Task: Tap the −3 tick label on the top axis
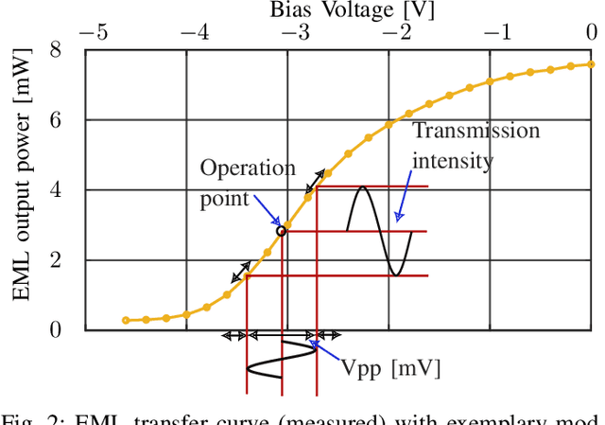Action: pyautogui.click(x=295, y=31)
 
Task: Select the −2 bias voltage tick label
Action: pyautogui.click(x=397, y=31)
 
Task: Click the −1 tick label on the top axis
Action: pyautogui.click(x=499, y=31)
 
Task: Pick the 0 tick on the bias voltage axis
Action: pyautogui.click(x=591, y=31)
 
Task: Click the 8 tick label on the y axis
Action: pyautogui.click(x=55, y=49)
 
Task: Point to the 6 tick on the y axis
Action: pyautogui.click(x=55, y=119)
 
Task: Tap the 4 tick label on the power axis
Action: pyautogui.click(x=55, y=189)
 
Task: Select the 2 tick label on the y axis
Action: pyautogui.click(x=55, y=259)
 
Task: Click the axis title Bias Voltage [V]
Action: pyautogui.click(x=324, y=9)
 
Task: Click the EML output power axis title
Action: pyautogui.click(x=22, y=189)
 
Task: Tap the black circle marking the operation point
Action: pyautogui.click(x=281, y=231)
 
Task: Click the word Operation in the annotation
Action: pyautogui.click(x=248, y=168)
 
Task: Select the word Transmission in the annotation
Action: pyautogui.click(x=475, y=131)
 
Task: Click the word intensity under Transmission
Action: pyautogui.click(x=452, y=160)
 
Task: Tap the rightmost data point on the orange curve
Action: pyautogui.click(x=592, y=64)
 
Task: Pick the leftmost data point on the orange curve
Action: pyautogui.click(x=126, y=321)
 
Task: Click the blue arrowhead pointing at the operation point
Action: pyautogui.click(x=275, y=225)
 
